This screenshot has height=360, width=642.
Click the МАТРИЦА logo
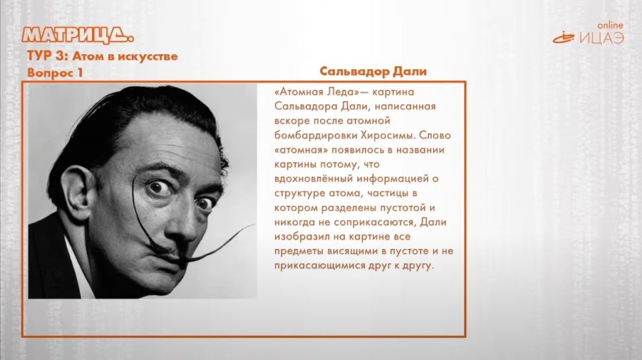pos(78,35)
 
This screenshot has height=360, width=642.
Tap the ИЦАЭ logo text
pos(602,38)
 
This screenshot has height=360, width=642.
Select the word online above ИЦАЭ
pos(610,25)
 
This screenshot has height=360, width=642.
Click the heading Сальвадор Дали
pos(373,71)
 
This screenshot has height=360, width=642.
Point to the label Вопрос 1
pos(55,73)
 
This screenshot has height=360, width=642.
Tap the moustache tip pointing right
pos(254,225)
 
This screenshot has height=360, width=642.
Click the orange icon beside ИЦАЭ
pos(564,38)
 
